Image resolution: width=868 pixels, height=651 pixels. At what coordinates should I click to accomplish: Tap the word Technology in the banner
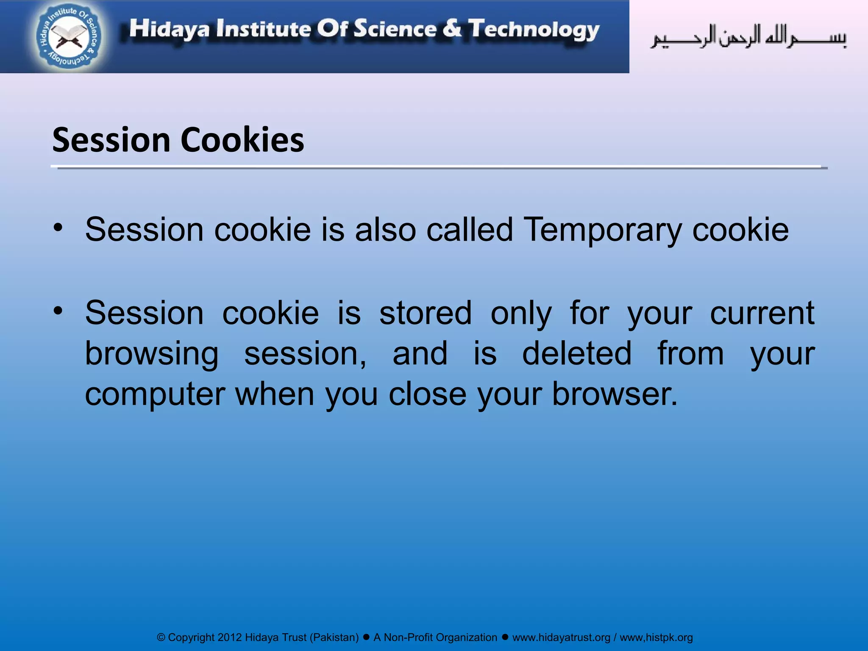click(534, 30)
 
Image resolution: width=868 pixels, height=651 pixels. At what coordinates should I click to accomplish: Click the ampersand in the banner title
click(452, 28)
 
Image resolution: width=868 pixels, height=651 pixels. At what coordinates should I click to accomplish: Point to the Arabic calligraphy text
click(748, 37)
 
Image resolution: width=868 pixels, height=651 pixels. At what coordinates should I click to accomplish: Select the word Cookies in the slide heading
click(242, 140)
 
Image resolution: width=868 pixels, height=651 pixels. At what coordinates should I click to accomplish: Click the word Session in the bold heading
click(111, 140)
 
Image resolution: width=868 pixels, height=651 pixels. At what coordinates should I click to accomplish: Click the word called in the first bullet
click(470, 229)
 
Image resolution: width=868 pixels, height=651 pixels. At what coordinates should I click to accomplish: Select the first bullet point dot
click(58, 228)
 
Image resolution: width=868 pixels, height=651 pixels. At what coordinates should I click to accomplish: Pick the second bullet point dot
click(58, 311)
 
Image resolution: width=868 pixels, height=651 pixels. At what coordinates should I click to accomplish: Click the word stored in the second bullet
click(425, 313)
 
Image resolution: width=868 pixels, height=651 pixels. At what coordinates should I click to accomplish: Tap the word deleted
click(576, 353)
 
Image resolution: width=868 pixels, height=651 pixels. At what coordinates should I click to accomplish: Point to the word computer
click(155, 395)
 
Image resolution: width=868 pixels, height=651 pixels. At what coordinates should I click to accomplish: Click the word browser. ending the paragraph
click(615, 394)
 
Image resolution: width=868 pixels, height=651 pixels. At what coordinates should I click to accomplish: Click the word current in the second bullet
click(762, 313)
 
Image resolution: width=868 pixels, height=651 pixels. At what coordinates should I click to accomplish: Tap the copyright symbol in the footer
click(161, 637)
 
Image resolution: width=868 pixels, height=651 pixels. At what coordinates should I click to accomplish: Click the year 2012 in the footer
click(229, 637)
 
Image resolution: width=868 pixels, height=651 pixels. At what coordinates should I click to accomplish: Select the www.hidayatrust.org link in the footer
click(561, 637)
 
